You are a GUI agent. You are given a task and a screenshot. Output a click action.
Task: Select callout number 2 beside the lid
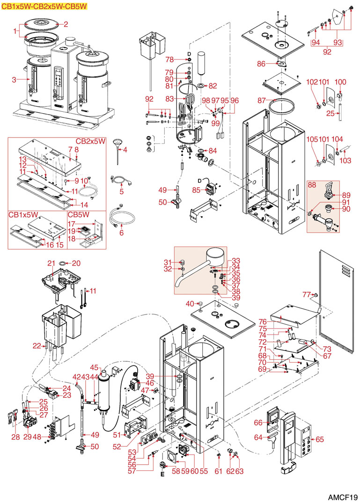point(66,24)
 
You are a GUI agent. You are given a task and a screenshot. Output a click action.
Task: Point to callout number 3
point(14,80)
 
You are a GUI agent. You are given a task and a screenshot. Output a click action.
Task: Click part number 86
point(261,63)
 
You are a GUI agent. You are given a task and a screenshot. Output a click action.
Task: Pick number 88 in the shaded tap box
point(312,185)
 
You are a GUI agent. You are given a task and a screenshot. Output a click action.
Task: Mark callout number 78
point(169,59)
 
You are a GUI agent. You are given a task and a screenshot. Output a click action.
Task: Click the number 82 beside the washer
point(213,86)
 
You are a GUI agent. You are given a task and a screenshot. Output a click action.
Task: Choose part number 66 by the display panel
point(258,423)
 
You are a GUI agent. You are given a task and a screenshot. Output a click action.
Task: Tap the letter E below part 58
point(162,474)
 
